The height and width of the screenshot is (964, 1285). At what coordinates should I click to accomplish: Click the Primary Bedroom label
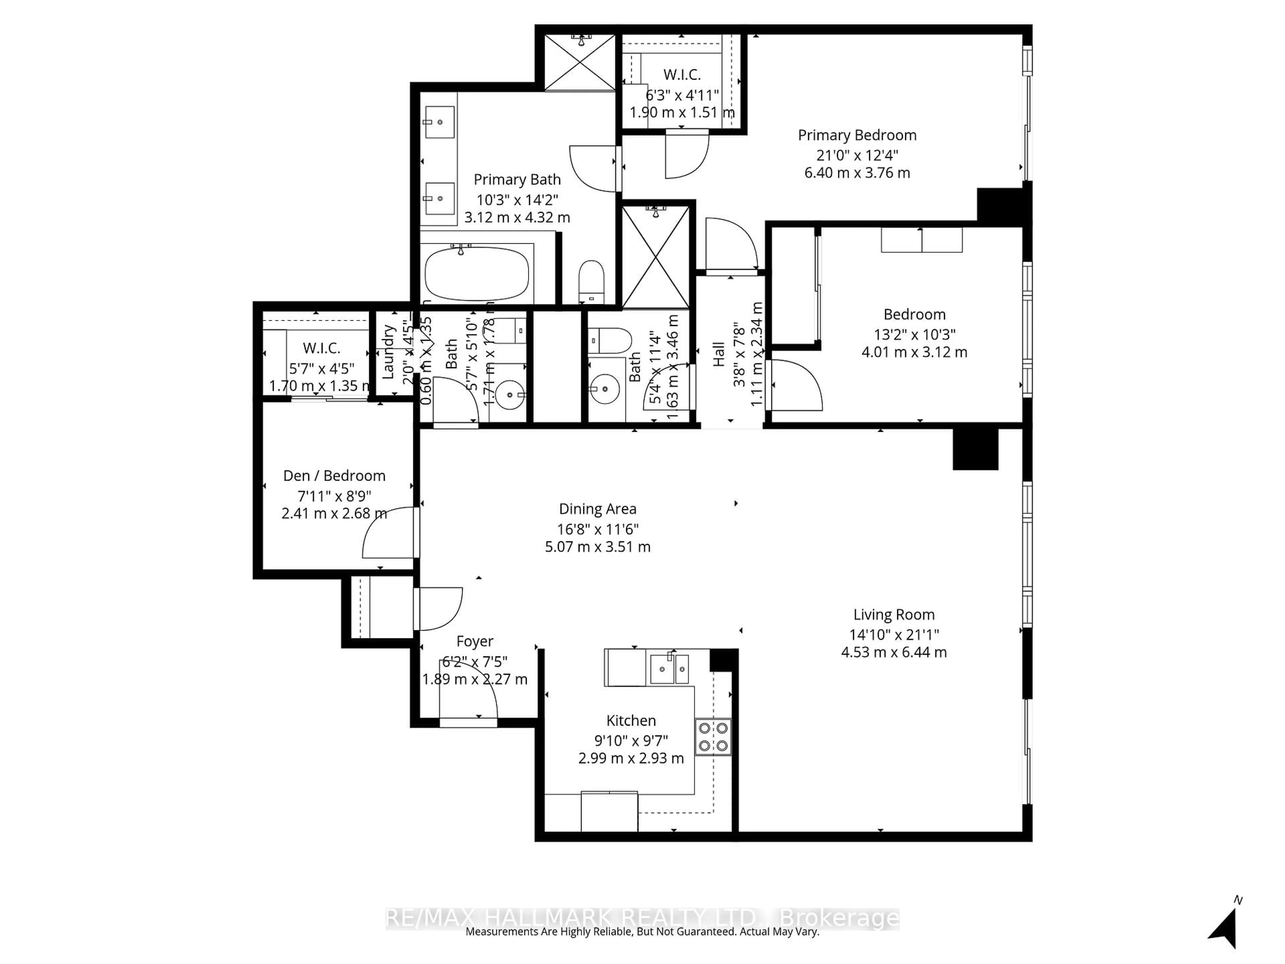pyautogui.click(x=857, y=135)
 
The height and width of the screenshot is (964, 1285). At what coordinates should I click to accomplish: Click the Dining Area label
pyautogui.click(x=597, y=509)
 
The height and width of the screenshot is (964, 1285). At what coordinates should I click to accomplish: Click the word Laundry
pyautogui.click(x=389, y=351)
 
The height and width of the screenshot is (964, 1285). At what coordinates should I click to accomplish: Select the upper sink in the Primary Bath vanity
pyautogui.click(x=440, y=123)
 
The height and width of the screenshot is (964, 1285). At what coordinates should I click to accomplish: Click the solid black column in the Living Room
pyautogui.click(x=975, y=449)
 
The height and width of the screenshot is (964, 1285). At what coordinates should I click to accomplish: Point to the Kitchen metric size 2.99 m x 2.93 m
pyautogui.click(x=631, y=758)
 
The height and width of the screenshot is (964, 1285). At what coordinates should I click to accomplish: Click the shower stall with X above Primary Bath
pyautogui.click(x=579, y=63)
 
